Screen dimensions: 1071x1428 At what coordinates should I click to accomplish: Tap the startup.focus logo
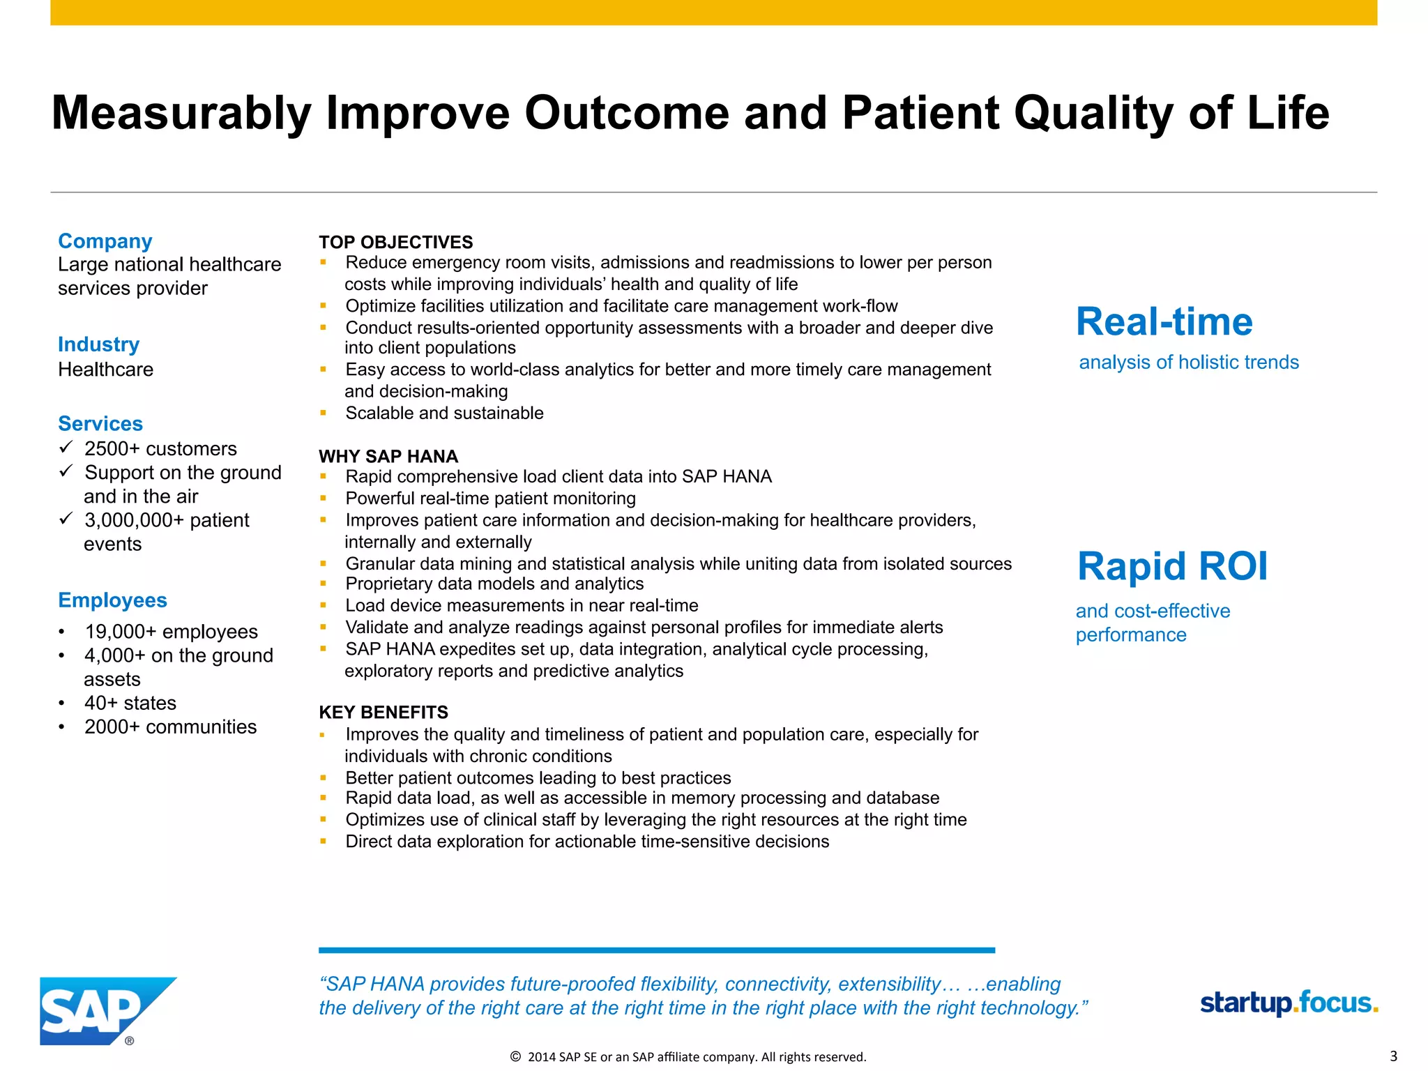point(1289,1003)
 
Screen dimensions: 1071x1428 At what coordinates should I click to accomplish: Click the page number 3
point(1393,1056)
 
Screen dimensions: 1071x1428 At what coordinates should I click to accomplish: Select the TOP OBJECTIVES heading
point(395,242)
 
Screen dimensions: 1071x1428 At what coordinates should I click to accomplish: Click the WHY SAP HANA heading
point(388,456)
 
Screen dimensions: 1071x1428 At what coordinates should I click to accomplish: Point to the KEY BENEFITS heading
point(383,712)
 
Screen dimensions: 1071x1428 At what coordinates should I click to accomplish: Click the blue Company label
point(105,241)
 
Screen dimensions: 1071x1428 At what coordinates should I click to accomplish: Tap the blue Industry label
point(98,344)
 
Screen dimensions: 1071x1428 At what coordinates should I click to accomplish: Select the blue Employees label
point(112,600)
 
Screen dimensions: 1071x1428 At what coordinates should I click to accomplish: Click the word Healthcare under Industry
point(105,369)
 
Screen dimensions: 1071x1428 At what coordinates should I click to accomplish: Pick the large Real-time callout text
point(1164,321)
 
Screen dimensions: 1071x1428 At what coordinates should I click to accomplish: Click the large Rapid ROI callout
point(1172,565)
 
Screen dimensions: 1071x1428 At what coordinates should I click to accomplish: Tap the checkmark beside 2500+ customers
point(66,446)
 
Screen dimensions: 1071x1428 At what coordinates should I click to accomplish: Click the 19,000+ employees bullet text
point(171,631)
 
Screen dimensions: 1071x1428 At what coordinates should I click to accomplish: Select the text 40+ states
point(130,702)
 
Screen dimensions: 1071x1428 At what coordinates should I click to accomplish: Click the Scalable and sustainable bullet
point(444,413)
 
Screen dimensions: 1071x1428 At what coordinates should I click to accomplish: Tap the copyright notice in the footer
point(688,1056)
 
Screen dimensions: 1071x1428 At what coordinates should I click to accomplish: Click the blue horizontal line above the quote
point(656,950)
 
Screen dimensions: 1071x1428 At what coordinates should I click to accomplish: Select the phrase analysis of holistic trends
point(1188,362)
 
